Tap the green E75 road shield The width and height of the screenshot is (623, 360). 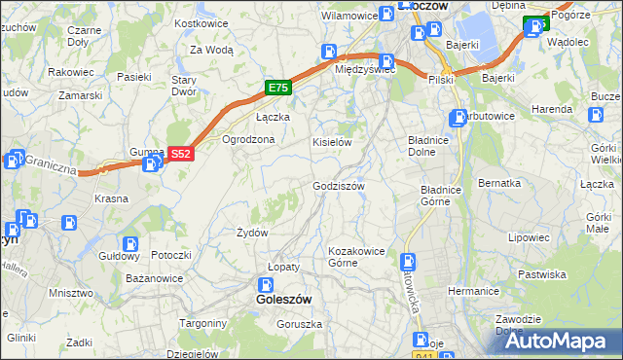pos(277,89)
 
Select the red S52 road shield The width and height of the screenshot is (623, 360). pos(180,154)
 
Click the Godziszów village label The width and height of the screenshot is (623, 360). pos(338,186)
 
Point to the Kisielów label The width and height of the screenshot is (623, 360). pos(331,142)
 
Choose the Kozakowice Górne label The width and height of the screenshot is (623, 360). pos(357,256)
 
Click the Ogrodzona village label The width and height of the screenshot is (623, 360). pos(248,139)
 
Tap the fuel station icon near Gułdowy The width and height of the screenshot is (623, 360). pos(129,244)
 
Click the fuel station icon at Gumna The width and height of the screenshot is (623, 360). pos(150,164)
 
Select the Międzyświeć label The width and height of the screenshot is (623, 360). pos(363,70)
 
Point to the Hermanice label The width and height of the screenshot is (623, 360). pos(473,291)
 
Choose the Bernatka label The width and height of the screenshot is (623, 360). pos(499,183)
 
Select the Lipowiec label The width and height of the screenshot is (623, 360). pos(529,237)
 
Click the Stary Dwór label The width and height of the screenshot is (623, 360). pos(184,85)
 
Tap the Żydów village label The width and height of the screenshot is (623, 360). pos(252,233)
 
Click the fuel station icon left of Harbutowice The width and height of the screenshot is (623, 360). pos(458,119)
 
